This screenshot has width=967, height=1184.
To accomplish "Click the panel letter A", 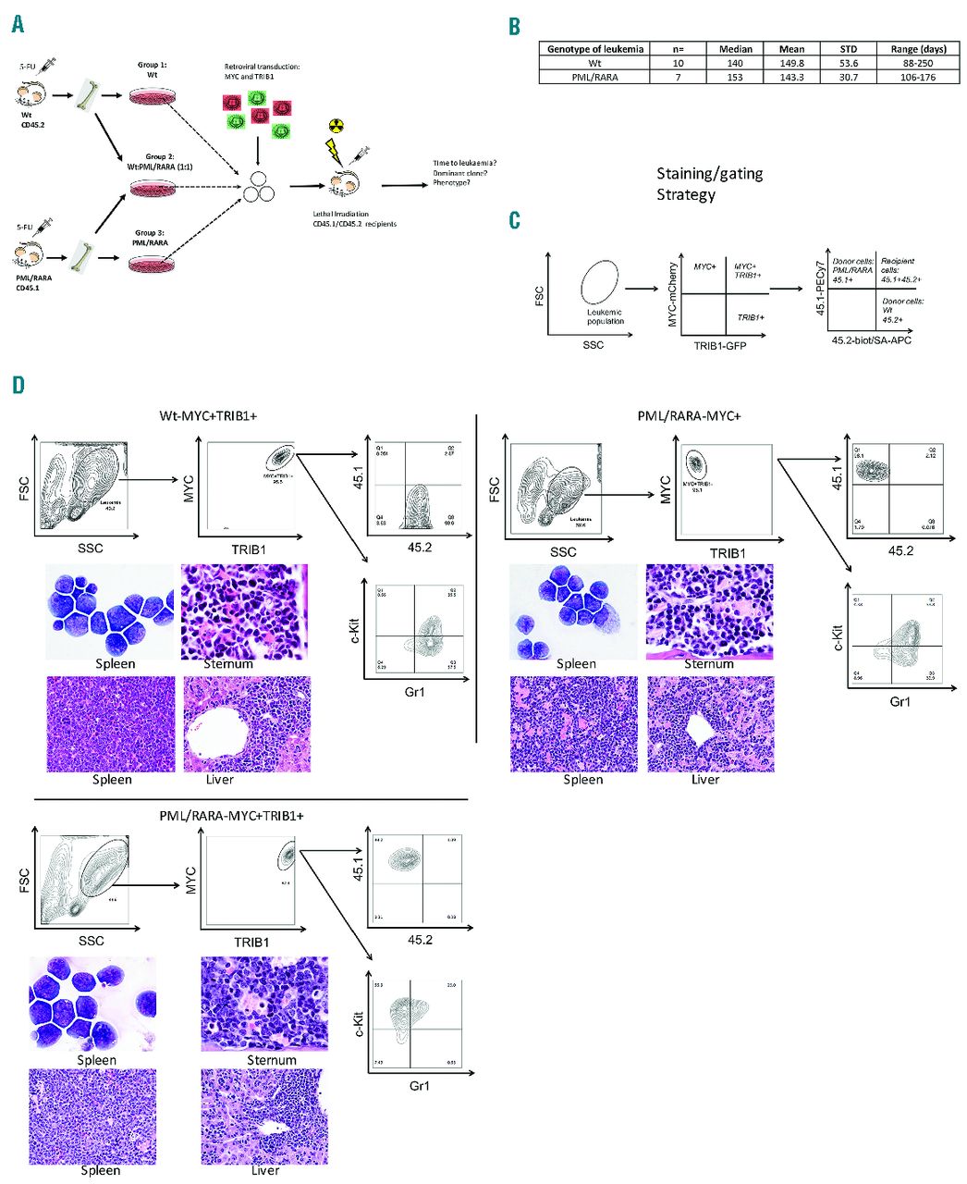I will (18, 24).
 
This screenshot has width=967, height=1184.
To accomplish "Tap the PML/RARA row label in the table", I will (594, 78).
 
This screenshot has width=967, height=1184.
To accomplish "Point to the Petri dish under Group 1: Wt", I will (153, 95).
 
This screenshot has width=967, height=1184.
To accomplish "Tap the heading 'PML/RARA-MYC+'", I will (691, 416).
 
